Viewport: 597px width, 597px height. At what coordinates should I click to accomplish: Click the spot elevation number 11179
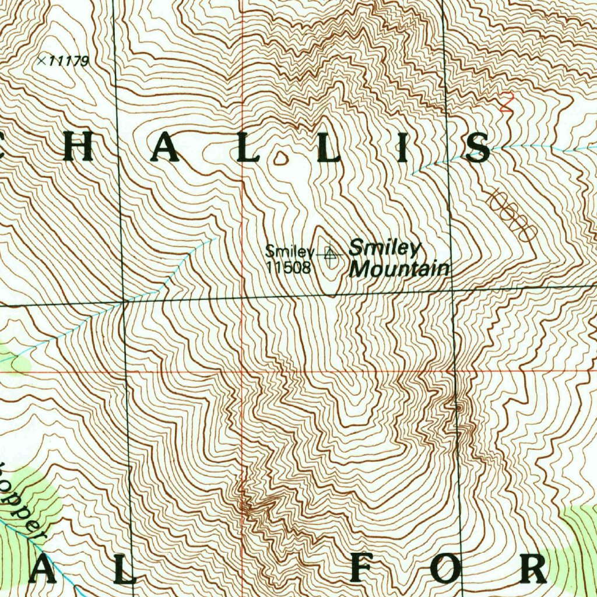click(x=69, y=61)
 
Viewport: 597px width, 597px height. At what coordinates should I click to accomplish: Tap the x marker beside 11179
click(x=41, y=59)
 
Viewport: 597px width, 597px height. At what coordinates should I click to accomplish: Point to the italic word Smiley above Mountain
click(x=384, y=248)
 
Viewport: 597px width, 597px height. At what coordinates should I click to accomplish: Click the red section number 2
click(x=507, y=103)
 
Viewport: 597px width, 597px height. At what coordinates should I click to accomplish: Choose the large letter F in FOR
click(x=366, y=568)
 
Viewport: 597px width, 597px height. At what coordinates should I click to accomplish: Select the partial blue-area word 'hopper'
click(x=23, y=501)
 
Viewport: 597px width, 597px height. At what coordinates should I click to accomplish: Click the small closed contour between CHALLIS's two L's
click(x=282, y=157)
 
